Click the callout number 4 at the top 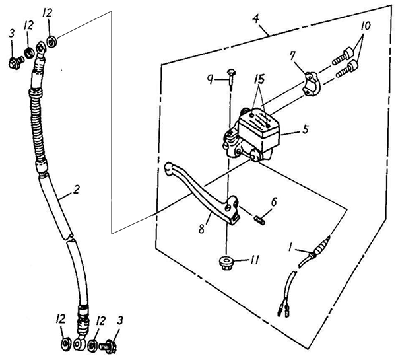tap(256, 18)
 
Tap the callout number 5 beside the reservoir tap(306, 129)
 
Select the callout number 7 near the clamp tap(292, 56)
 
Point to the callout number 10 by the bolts tap(366, 26)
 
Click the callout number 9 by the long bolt tap(210, 81)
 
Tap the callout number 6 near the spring tap(274, 202)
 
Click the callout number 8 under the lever tap(202, 230)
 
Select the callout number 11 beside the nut tap(254, 260)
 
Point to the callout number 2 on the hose tap(77, 190)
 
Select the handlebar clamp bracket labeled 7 tap(312, 84)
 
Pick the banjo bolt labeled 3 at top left tap(16, 62)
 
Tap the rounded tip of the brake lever tap(168, 168)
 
